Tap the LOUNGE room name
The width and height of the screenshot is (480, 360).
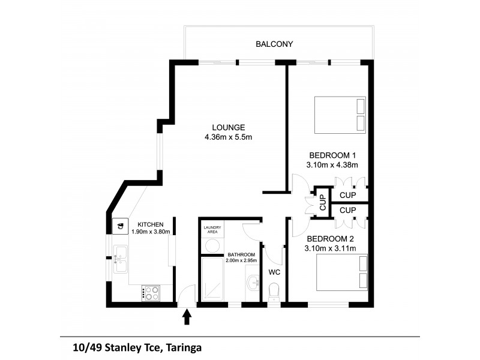tap(228, 127)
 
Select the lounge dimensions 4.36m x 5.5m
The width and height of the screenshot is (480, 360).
tap(228, 137)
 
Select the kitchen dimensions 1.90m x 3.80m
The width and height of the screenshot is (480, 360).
tap(151, 232)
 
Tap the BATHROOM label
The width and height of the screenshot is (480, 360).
tap(241, 254)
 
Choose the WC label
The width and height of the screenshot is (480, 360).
tap(275, 272)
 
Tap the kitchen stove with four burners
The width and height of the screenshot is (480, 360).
tap(151, 293)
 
